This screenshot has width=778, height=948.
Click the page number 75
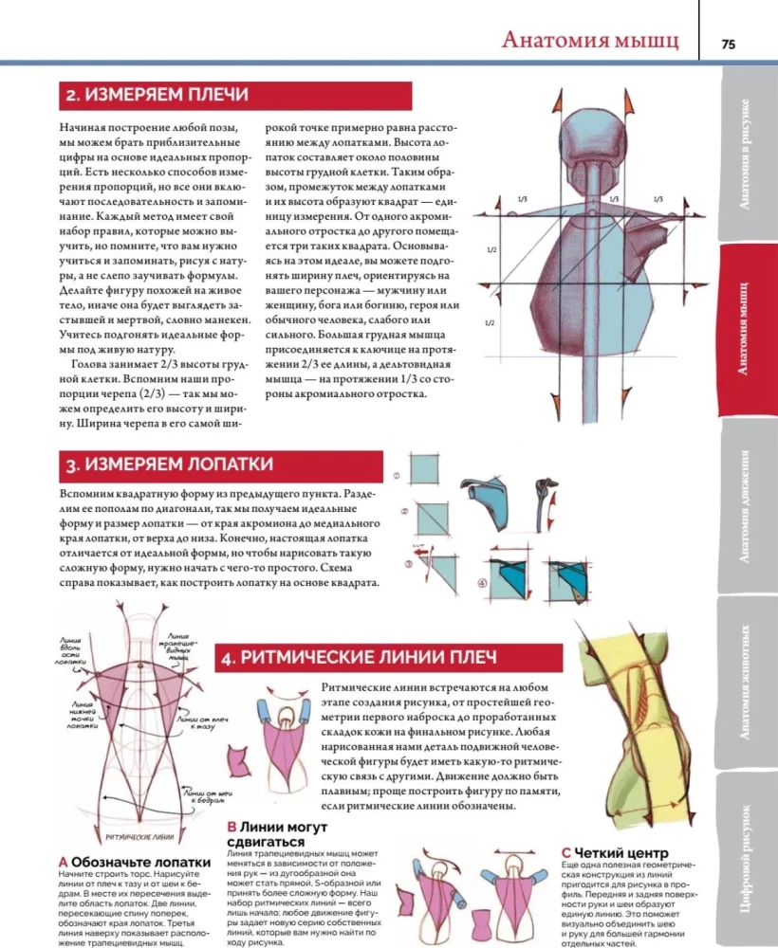coord(728,43)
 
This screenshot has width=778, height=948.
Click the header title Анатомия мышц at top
coord(589,41)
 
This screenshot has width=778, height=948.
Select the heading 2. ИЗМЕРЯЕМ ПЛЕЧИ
coord(157,96)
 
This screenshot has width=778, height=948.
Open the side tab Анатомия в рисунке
coord(748,153)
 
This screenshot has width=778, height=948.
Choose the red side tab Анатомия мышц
coord(748,328)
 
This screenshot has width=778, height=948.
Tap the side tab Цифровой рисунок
coord(748,858)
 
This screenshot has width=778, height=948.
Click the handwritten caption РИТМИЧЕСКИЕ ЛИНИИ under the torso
coord(139,837)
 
